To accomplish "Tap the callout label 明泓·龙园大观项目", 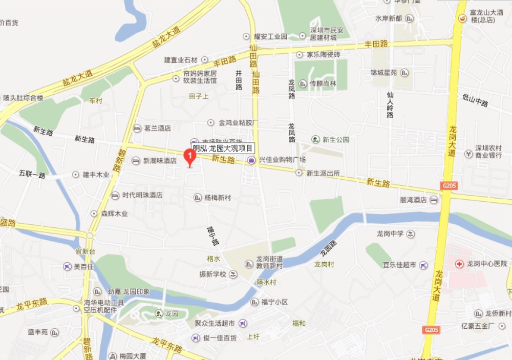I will tap(223, 149).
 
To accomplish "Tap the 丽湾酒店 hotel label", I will tap(413, 200).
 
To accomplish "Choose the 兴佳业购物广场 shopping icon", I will tap(251, 160).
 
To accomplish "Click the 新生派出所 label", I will tap(323, 173).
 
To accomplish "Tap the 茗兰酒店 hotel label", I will tap(157, 129).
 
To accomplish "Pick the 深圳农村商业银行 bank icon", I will tap(468, 154).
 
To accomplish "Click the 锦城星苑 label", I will tap(383, 73).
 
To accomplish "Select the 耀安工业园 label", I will tap(271, 37).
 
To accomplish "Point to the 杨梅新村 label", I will tap(218, 198).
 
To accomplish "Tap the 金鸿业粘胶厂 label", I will tap(239, 123).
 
